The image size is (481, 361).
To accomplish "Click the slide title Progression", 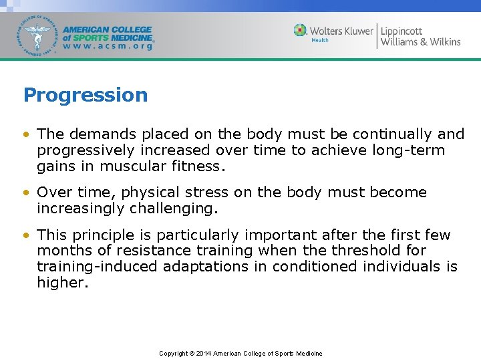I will point(86,95).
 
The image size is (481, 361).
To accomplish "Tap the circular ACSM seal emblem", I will point(38,35).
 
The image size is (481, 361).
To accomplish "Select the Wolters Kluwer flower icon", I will point(301,31).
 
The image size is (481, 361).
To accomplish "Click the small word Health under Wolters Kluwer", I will point(320,41).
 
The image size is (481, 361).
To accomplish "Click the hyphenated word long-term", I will point(411,150).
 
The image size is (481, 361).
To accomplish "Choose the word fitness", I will point(194,166).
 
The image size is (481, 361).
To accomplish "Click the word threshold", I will point(345,251).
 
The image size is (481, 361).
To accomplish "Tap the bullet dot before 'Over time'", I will point(25,193).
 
